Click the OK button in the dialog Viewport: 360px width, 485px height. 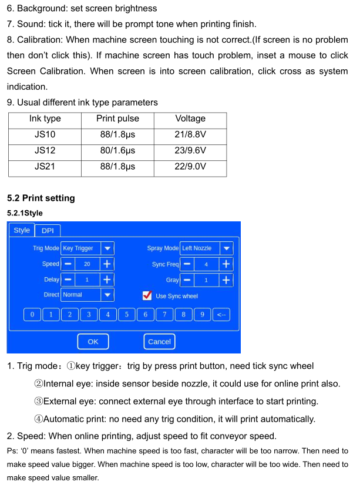tap(93, 341)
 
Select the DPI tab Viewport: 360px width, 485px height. tap(48, 231)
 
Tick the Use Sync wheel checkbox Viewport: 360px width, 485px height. tap(147, 295)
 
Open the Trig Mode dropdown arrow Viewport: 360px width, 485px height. tap(107, 248)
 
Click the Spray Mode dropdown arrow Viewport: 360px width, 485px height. tap(226, 248)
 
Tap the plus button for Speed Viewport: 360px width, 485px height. tap(107, 264)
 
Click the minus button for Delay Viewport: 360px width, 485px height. tap(68, 280)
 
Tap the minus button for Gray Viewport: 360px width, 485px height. tap(187, 280)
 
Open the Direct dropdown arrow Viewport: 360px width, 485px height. tap(107, 295)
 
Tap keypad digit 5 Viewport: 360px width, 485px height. tap(126, 315)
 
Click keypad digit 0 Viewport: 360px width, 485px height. tap(32, 315)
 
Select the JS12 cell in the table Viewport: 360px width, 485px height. tap(45, 150)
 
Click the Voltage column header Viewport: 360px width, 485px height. tap(190, 119)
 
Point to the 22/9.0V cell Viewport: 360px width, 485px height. tap(190, 166)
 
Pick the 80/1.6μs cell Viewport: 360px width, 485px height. tap(117, 150)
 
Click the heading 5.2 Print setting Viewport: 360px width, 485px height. tap(41, 198)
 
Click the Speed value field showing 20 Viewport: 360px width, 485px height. tap(87, 264)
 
